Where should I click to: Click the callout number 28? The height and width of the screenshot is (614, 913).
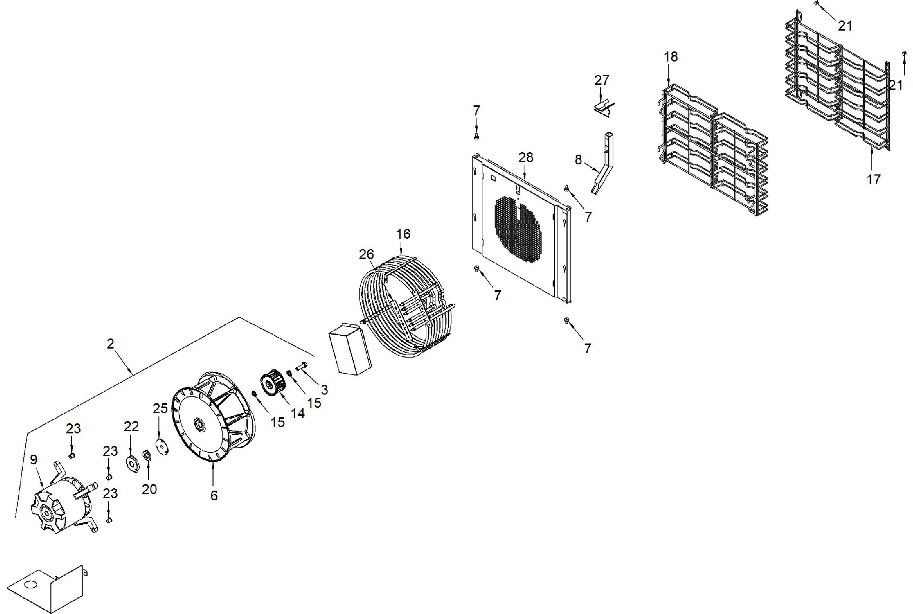526,158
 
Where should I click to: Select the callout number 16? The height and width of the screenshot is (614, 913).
403,234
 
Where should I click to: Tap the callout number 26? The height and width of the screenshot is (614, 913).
366,254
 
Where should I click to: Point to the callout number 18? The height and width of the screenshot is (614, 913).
671,57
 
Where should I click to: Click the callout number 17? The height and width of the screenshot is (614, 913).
873,179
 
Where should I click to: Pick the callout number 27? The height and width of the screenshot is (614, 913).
602,80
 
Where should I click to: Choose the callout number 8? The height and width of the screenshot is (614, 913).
578,160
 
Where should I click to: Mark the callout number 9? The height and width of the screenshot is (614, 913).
34,459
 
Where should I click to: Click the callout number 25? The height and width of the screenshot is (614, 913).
160,408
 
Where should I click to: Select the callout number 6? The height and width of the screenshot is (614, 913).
214,495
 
